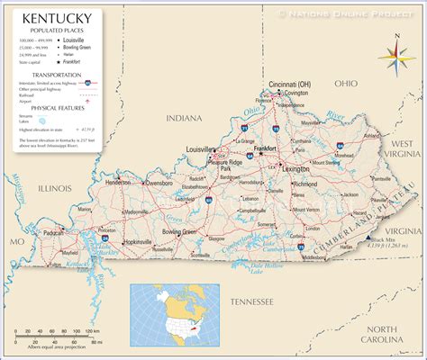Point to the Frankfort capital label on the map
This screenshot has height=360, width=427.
pos(265,148)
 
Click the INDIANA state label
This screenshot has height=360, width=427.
pos(185,118)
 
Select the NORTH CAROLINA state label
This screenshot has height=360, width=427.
pos(393,334)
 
